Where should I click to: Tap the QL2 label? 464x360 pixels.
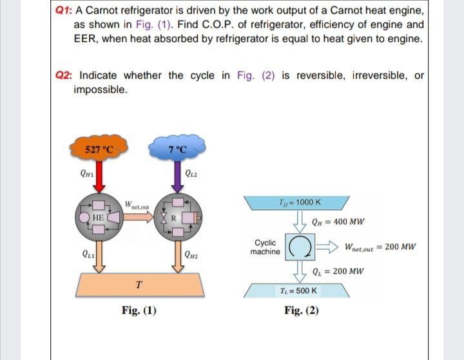tap(191, 172)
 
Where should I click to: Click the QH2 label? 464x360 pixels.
tap(191, 258)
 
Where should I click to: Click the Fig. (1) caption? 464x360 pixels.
tap(139, 312)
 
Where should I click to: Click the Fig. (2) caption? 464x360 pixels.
tap(301, 312)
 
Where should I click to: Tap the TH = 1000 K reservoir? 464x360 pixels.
tap(301, 203)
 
